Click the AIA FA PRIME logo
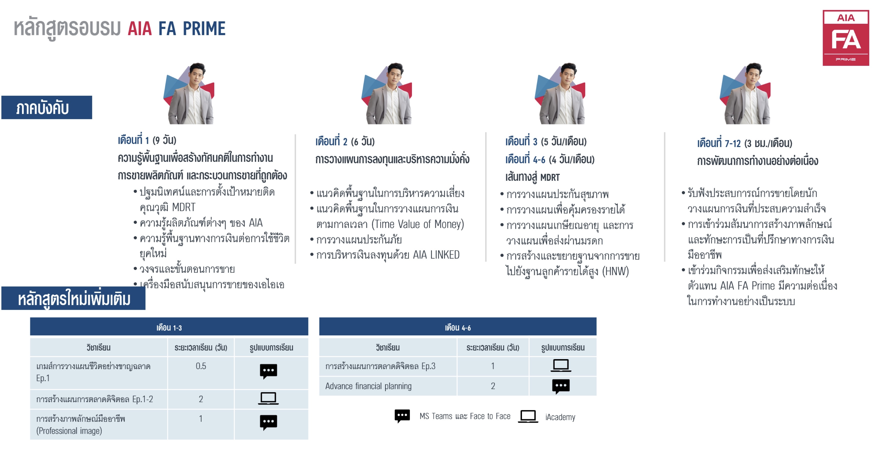(845, 38)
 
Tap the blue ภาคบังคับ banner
(47, 107)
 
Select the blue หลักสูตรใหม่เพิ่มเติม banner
(74, 298)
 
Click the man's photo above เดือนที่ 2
(387, 93)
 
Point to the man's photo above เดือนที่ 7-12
(745, 93)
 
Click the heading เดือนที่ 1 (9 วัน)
(147, 140)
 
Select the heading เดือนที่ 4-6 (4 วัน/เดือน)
(550, 159)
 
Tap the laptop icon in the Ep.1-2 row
(268, 398)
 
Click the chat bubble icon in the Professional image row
(269, 422)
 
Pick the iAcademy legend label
(560, 417)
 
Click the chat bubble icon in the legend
(402, 416)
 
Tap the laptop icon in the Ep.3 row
(561, 365)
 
